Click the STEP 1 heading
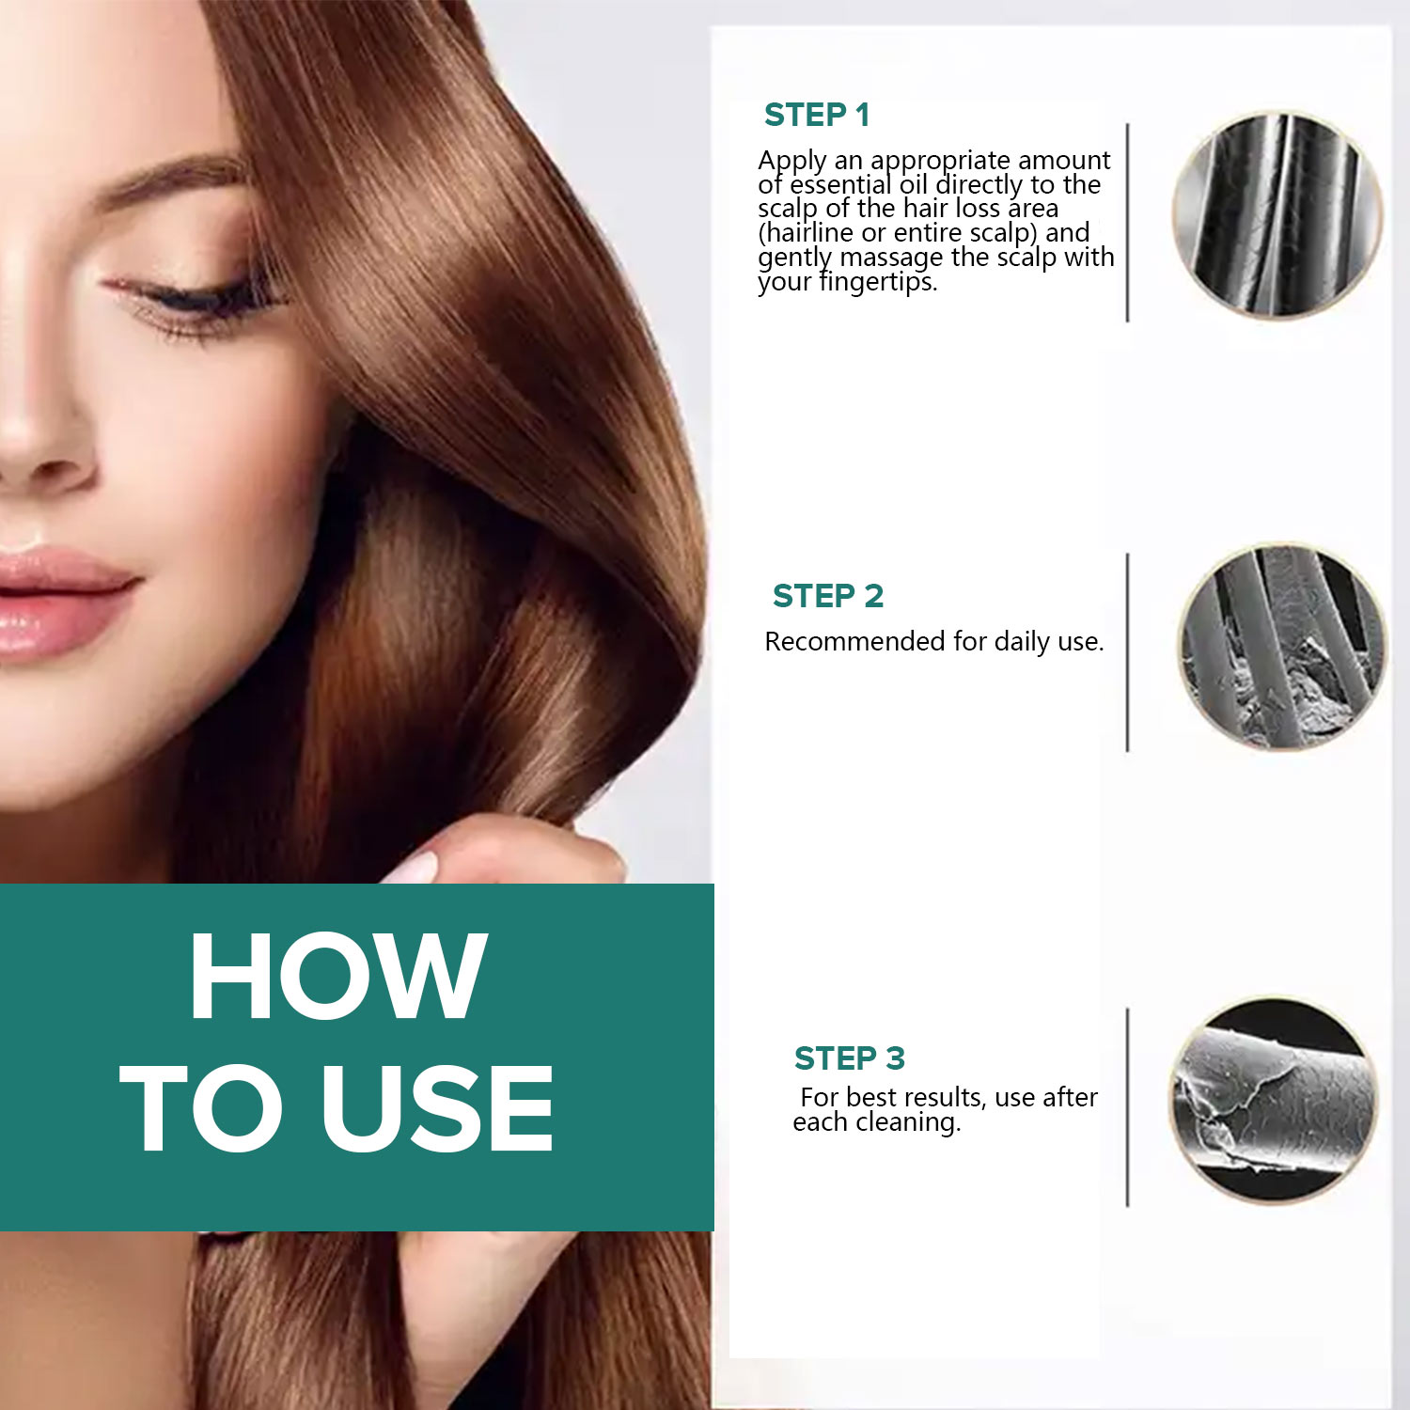click(817, 115)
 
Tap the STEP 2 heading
click(828, 596)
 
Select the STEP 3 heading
click(850, 1058)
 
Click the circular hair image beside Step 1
click(1277, 214)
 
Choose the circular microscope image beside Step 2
click(1282, 647)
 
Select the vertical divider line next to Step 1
click(1127, 222)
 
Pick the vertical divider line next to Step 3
click(1127, 1106)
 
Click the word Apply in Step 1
click(792, 162)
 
